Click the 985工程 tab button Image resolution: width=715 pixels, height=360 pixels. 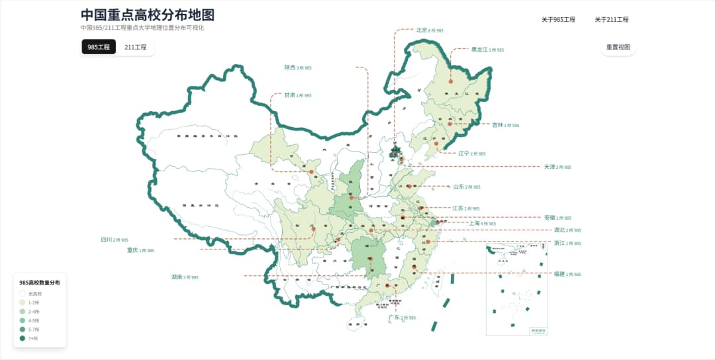(x=99, y=47)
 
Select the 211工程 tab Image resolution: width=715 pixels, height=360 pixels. (x=135, y=47)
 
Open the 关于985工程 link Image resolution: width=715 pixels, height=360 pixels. (x=558, y=20)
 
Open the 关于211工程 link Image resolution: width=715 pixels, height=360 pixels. (x=611, y=20)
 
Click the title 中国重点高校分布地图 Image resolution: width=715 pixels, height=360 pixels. (x=147, y=15)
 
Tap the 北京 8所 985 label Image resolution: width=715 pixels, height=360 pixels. (x=430, y=30)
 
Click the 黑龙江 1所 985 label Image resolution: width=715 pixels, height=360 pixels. (x=487, y=50)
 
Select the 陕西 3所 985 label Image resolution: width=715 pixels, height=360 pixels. (x=298, y=67)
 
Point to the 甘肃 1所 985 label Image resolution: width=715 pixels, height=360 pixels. (x=298, y=95)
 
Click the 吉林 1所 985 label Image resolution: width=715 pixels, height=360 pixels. (x=505, y=124)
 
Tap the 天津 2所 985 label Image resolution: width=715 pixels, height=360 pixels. (x=557, y=167)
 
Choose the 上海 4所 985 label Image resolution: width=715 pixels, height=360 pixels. (x=482, y=224)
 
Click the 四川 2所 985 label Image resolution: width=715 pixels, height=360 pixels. (x=115, y=240)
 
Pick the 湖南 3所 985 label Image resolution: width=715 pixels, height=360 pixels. (x=185, y=277)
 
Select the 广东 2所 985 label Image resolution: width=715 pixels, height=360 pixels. (x=402, y=318)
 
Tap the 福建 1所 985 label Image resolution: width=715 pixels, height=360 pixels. (x=567, y=274)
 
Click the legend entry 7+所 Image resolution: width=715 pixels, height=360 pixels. (x=34, y=338)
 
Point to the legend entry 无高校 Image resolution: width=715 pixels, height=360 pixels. (x=35, y=293)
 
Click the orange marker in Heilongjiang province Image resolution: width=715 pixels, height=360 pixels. (x=450, y=81)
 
